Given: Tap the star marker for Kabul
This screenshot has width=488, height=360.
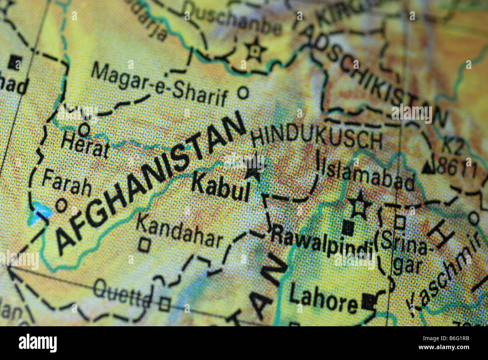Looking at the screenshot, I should pyautogui.click(x=252, y=169).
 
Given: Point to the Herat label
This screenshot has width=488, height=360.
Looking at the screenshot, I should pyautogui.click(x=85, y=145).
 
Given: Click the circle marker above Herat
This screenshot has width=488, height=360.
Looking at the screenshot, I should pyautogui.click(x=85, y=130).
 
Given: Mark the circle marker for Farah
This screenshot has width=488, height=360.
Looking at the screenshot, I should pyautogui.click(x=61, y=205).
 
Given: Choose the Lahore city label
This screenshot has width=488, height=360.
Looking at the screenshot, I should pyautogui.click(x=323, y=300).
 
